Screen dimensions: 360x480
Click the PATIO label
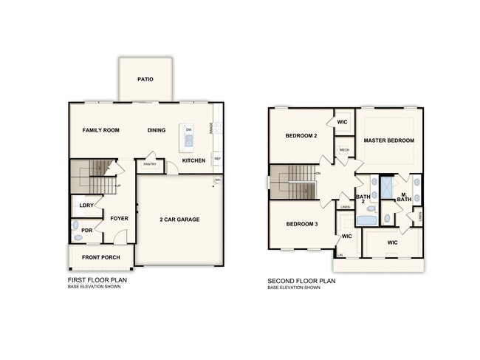pos(145,79)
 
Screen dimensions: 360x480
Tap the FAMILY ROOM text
pos(100,130)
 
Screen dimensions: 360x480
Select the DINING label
pos(156,130)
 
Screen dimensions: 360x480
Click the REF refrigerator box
pos(217,158)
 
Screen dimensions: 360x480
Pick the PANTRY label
pos(150,164)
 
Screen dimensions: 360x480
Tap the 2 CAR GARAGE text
pos(180,219)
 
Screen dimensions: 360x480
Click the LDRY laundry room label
pos(86,206)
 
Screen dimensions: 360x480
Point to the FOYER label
pos(120,218)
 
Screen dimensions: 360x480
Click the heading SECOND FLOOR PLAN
pos(301,281)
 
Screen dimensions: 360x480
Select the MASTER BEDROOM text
pos(388,140)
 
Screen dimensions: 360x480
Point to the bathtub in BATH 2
pos(366,220)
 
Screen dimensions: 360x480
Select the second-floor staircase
pos(292,182)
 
